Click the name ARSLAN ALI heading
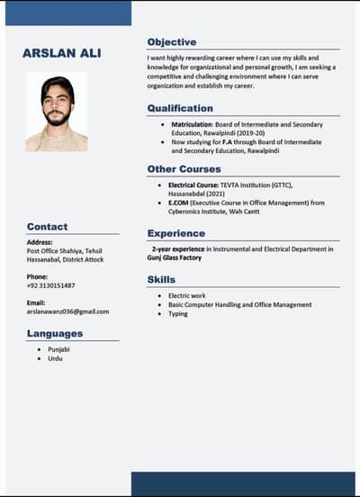pos(61,54)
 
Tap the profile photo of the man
pos(57,112)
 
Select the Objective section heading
pos(171,42)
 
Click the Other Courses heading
pos(184,168)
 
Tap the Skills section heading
pos(161,280)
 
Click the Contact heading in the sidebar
pos(47,227)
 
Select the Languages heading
pos(54,333)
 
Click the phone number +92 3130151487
pos(50,285)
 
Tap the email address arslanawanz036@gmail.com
pos(67,312)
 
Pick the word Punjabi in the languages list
pos(58,348)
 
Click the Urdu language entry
pos(55,358)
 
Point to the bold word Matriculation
pos(192,124)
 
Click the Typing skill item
pos(178,314)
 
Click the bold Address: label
pos(40,242)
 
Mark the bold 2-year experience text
pos(178,248)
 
